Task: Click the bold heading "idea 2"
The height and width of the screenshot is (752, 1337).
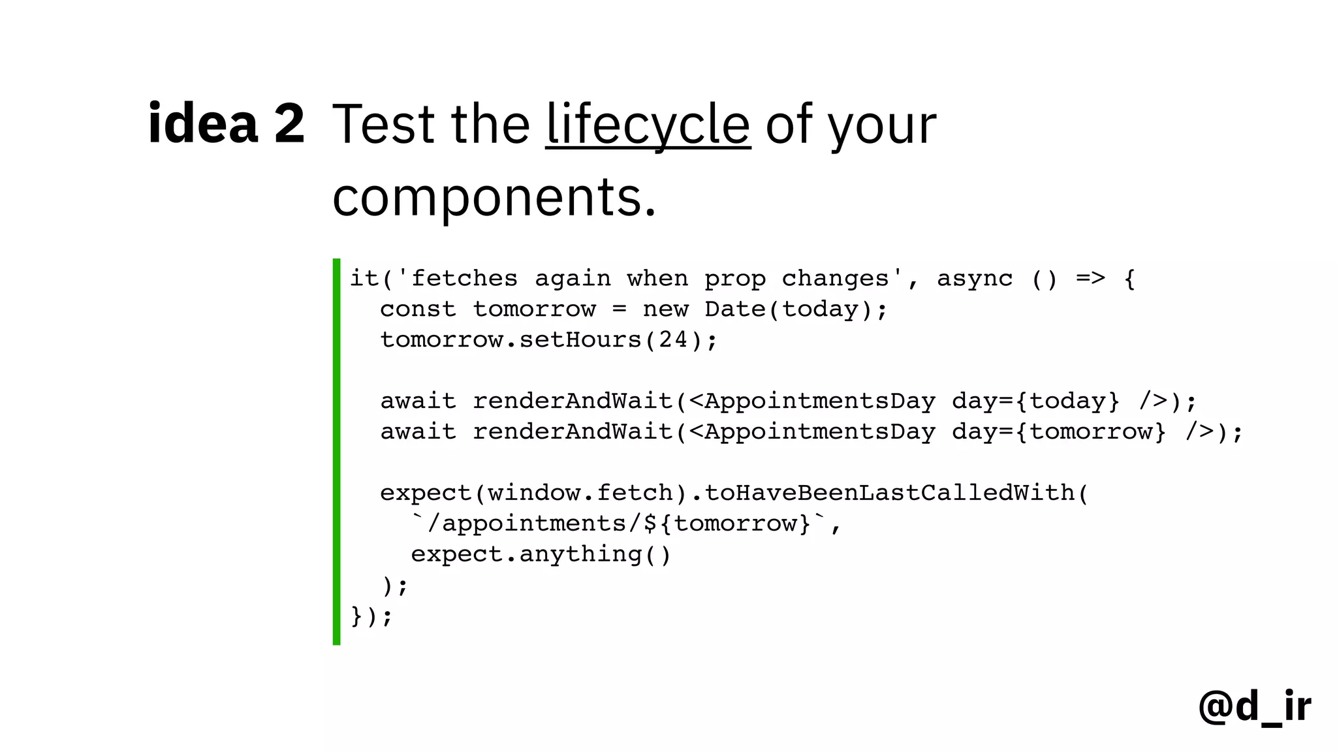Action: tap(226, 123)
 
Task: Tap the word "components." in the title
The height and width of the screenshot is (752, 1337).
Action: tap(494, 196)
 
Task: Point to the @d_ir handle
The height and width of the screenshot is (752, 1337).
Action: tap(1254, 706)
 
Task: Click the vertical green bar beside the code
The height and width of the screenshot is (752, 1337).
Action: tap(336, 451)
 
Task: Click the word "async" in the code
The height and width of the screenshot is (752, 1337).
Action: tap(974, 279)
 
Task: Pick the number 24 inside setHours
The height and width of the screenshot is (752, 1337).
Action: tap(673, 340)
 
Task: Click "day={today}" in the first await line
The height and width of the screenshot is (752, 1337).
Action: tap(1035, 401)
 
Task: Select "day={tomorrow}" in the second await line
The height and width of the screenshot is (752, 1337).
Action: tap(1058, 431)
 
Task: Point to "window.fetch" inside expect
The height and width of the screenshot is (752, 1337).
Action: tap(580, 493)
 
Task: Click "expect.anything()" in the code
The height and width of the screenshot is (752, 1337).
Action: tap(541, 554)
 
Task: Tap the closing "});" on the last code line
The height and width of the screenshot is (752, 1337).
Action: tap(371, 616)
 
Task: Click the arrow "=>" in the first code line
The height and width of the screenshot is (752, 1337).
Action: tap(1090, 279)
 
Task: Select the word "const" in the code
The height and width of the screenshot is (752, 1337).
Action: tap(418, 309)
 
